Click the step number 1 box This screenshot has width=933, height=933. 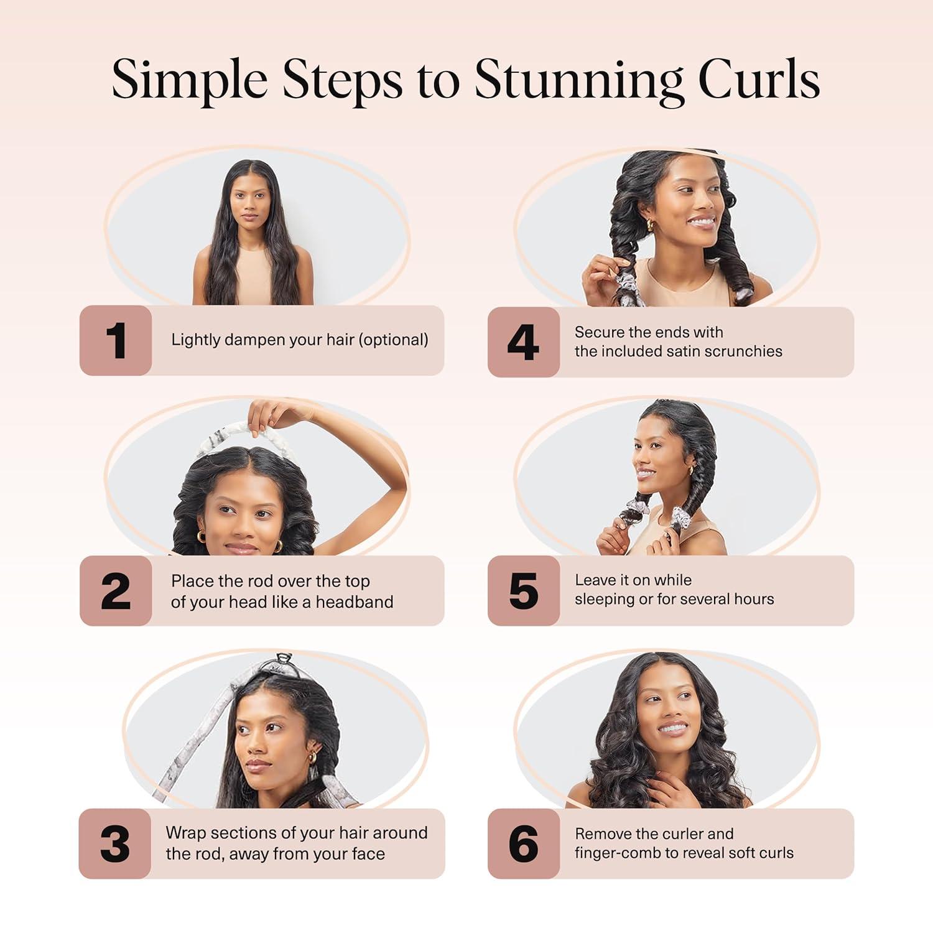click(116, 340)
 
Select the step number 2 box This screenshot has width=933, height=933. click(116, 591)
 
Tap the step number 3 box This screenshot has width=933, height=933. click(115, 844)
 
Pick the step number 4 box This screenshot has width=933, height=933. click(523, 342)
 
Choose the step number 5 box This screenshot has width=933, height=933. click(523, 591)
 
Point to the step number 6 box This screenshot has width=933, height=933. click(523, 844)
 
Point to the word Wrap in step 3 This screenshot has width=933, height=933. click(185, 833)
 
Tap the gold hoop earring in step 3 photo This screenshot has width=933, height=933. click(312, 757)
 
